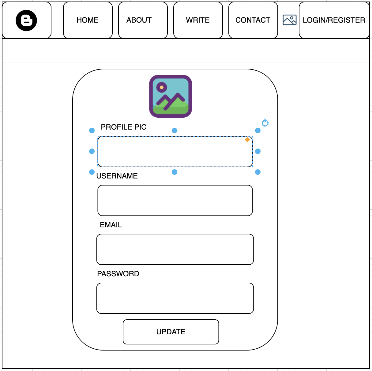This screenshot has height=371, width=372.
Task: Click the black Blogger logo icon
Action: click(x=26, y=20)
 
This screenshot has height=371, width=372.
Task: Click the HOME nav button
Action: click(x=88, y=20)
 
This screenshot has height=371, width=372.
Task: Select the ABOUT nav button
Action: click(x=139, y=20)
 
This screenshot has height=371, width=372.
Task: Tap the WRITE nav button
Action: click(x=198, y=20)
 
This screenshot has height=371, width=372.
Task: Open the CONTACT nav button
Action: click(x=253, y=20)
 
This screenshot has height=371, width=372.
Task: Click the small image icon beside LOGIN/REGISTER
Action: click(x=289, y=20)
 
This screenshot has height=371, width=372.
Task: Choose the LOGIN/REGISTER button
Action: click(x=334, y=20)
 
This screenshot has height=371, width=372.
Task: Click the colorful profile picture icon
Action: click(x=171, y=96)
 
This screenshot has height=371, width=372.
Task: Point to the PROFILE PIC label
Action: click(x=124, y=127)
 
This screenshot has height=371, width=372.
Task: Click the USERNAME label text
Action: click(x=117, y=176)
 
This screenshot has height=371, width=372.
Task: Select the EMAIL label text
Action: click(x=111, y=225)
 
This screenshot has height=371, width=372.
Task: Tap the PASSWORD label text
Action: click(x=118, y=274)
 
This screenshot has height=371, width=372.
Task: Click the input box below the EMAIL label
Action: click(x=175, y=249)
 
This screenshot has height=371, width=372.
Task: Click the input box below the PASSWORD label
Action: click(x=175, y=298)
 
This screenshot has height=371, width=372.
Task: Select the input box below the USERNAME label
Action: click(x=175, y=200)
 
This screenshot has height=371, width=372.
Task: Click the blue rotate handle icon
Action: click(x=265, y=123)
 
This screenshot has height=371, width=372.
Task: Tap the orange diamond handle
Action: click(x=247, y=140)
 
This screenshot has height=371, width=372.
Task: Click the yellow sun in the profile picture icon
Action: click(x=162, y=87)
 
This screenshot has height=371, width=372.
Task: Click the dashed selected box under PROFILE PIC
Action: click(x=175, y=152)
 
